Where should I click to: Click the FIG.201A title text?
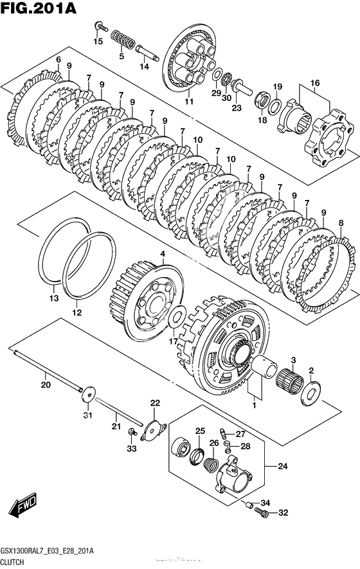coord(39,8)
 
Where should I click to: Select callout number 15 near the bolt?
coord(98,41)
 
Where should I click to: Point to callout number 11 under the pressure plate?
coord(189,101)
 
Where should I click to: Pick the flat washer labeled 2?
coord(310,393)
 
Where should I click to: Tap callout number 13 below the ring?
coord(54,298)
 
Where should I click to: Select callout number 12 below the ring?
coord(77,312)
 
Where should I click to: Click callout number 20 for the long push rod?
coord(46,384)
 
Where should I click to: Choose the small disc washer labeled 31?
coord(88,394)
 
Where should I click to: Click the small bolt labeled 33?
coord(132,432)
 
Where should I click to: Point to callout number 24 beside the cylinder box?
coord(283,465)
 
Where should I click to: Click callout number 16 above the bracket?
coord(314,83)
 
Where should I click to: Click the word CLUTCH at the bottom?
coord(12,562)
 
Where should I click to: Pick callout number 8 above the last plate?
coord(341,223)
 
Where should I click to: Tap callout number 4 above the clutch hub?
coord(163,253)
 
